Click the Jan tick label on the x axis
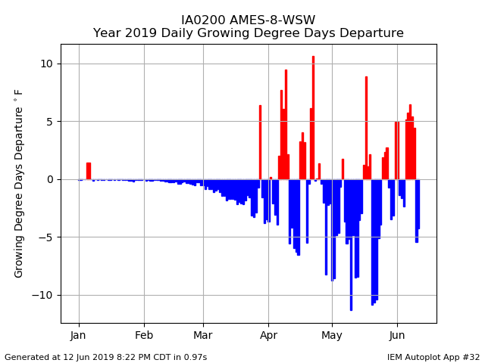77,335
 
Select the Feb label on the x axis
144,335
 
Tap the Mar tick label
203,335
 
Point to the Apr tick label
268,336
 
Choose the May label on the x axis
332,336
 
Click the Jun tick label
397,335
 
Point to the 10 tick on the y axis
47,64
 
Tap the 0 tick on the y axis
50,179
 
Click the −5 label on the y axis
45,237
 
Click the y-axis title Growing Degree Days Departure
18,184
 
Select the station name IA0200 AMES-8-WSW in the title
248,20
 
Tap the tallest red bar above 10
313,118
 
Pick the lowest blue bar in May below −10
351,245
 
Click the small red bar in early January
89,171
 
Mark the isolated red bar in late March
261,142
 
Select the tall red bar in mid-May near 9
366,128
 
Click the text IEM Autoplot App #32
433,357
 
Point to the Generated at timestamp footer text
106,357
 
